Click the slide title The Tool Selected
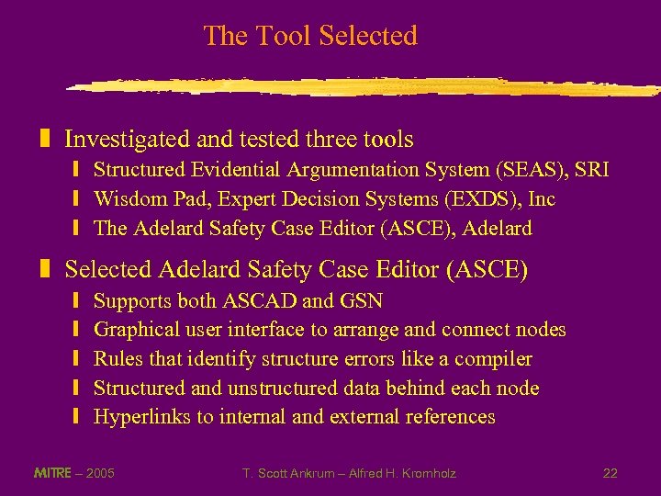click(x=310, y=36)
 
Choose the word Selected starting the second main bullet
click(x=108, y=270)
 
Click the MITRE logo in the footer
click(x=51, y=473)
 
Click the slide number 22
click(x=610, y=474)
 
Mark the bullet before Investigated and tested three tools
click(x=44, y=140)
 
